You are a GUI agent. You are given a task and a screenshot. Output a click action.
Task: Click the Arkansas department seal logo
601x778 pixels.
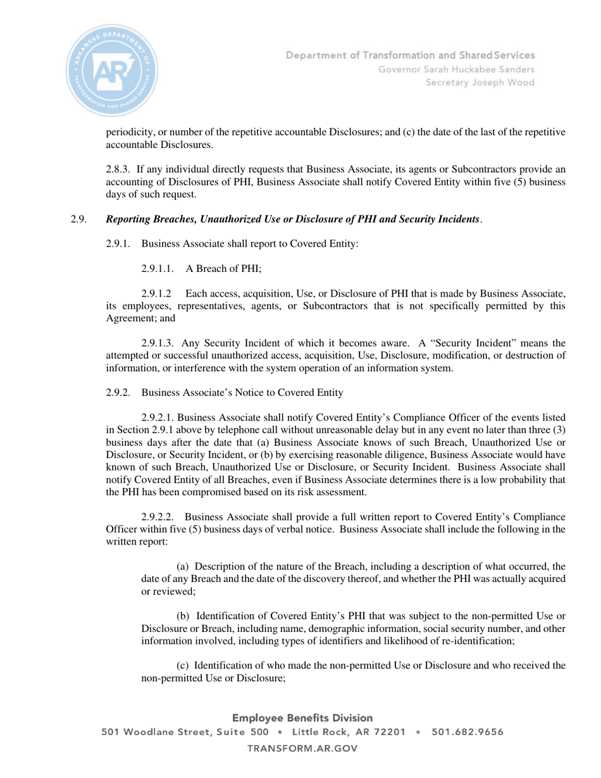pyautogui.click(x=112, y=70)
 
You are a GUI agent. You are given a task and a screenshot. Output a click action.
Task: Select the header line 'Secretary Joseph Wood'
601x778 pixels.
pyautogui.click(x=480, y=83)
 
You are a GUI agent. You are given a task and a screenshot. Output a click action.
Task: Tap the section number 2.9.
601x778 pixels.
pyautogui.click(x=78, y=219)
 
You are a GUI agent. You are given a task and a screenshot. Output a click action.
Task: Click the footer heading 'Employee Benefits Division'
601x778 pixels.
pyautogui.click(x=302, y=718)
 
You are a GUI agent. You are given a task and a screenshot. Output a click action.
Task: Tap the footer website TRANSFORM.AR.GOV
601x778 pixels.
pyautogui.click(x=302, y=748)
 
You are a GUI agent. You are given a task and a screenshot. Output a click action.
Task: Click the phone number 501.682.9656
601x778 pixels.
pyautogui.click(x=468, y=732)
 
